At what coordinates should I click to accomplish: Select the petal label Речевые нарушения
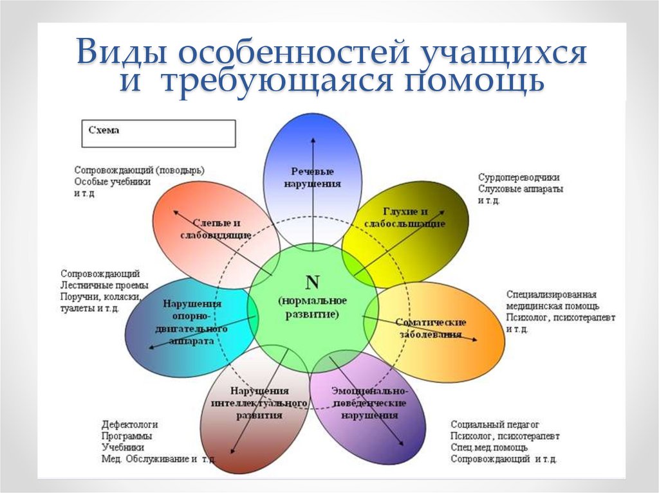click(x=312, y=177)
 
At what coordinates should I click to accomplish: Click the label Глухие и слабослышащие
click(x=405, y=217)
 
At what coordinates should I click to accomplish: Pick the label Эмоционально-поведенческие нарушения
click(x=369, y=402)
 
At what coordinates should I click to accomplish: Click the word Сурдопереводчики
click(x=519, y=177)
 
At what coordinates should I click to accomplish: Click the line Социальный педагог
click(x=495, y=424)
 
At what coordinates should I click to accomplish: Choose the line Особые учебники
click(x=113, y=182)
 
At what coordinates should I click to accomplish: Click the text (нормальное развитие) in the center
click(x=313, y=307)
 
